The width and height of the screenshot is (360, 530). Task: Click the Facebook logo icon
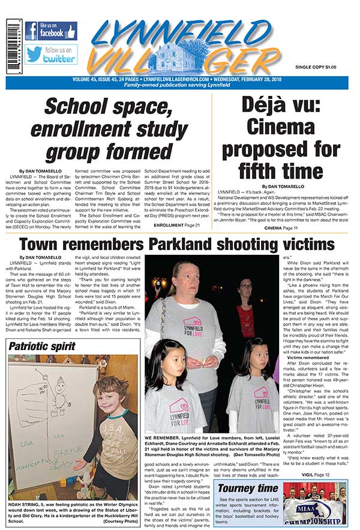point(32,31)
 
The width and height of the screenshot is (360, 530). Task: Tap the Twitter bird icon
point(34,54)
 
